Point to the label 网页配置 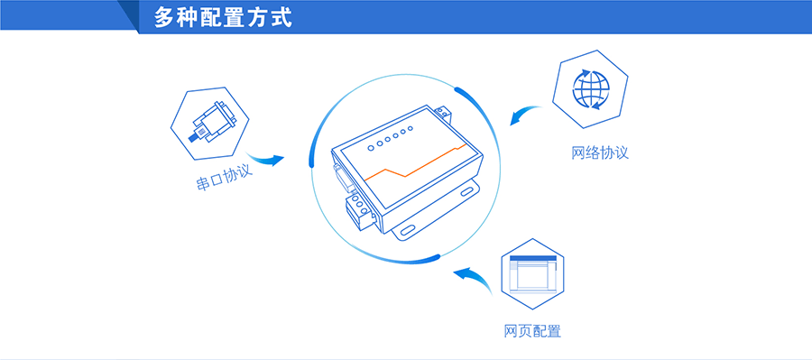click(532, 331)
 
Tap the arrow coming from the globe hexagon click(525, 115)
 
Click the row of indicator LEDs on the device click(389, 138)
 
